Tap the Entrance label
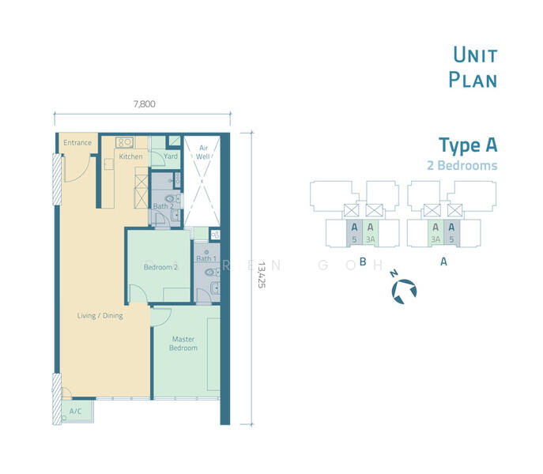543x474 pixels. coord(77,143)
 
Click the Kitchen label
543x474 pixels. coord(131,156)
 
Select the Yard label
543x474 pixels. coord(171,156)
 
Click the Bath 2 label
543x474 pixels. coord(163,206)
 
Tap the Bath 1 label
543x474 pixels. coord(206,258)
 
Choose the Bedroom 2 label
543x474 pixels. coord(160,267)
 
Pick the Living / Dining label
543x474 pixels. coord(100,316)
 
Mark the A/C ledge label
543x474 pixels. coord(76,412)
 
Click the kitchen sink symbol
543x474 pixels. coord(125,142)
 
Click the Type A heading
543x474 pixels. coord(468,145)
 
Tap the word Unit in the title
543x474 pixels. coord(474,55)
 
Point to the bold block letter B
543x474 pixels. coord(362,261)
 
